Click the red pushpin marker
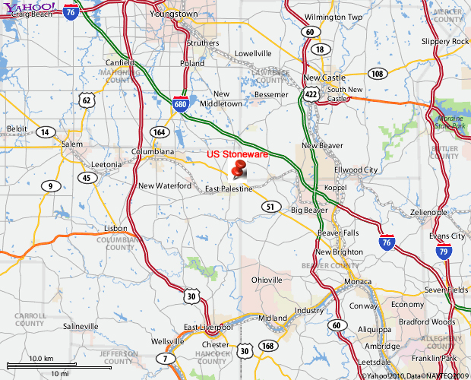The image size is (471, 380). pos(239,169)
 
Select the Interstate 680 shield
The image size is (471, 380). pos(180,105)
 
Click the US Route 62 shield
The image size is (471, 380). pos(87,100)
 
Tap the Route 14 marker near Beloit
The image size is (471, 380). pos(46,131)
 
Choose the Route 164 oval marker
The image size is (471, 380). pos(159,131)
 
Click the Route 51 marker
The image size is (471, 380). pos(270,206)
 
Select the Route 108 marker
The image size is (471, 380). pos(377,74)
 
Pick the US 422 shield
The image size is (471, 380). pos(311,94)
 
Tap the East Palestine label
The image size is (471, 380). pos(229,188)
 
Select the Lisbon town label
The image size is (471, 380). pos(116,228)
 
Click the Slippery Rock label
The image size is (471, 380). pos(445,41)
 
